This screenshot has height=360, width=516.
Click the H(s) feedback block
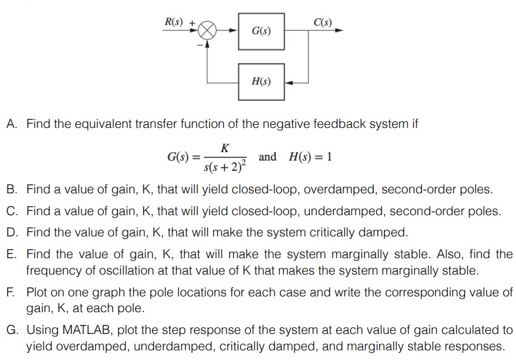click(260, 82)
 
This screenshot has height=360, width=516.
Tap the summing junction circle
click(208, 30)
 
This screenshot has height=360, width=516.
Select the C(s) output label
click(323, 22)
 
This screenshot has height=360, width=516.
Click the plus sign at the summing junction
click(193, 23)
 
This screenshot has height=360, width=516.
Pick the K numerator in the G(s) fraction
click(225, 148)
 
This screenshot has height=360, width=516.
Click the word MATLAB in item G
click(84, 330)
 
